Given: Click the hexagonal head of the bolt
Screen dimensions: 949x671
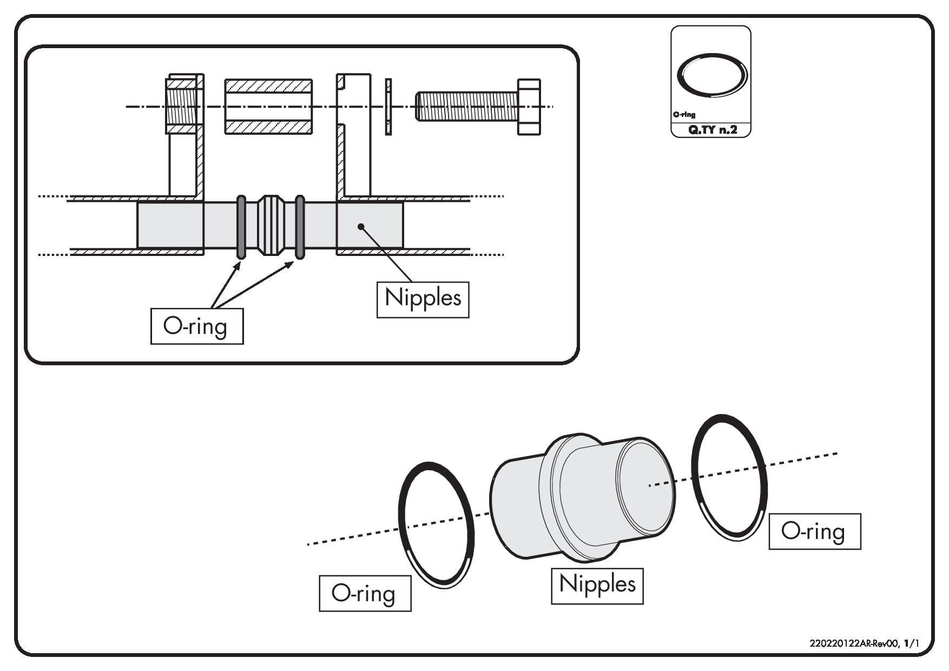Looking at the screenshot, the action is click(529, 107).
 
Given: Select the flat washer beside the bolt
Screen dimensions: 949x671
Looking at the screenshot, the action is click(388, 107).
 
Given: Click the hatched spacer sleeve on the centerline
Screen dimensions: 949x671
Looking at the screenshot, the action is click(268, 107).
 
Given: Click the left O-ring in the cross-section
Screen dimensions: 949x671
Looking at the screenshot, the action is click(241, 227).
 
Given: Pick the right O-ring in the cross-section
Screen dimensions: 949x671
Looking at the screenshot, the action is click(300, 227).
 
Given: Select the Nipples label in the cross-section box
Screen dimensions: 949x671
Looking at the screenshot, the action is click(423, 299).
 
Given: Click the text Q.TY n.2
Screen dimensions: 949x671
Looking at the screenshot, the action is click(712, 130).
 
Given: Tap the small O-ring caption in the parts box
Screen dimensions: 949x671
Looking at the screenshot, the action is click(684, 115).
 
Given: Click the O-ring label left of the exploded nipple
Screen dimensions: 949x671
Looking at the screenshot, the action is click(365, 593).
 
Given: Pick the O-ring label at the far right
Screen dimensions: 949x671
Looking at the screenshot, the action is click(815, 531).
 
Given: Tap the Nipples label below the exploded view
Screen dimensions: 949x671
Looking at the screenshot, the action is click(597, 586).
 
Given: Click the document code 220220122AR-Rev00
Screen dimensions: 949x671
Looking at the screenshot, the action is click(854, 643).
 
